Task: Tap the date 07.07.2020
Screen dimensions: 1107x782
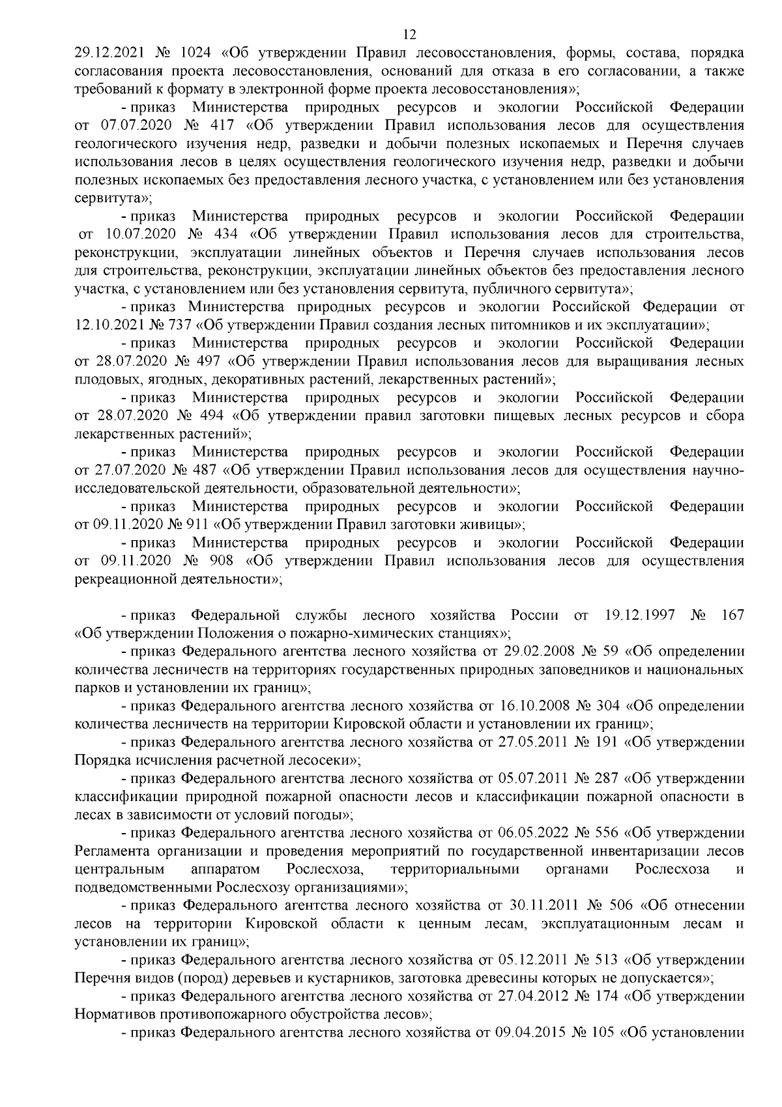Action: pyautogui.click(x=132, y=124)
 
